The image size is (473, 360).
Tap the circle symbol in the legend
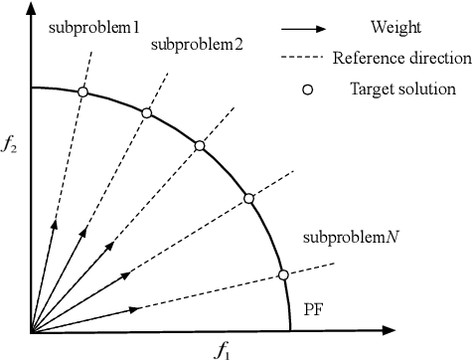(x=308, y=89)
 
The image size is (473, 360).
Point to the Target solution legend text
(x=402, y=89)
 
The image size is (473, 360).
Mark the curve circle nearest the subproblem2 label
(x=147, y=113)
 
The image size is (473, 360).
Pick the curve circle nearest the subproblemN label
(x=283, y=274)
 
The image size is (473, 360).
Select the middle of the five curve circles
(x=200, y=145)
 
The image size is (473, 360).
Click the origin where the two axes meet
(x=32, y=332)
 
